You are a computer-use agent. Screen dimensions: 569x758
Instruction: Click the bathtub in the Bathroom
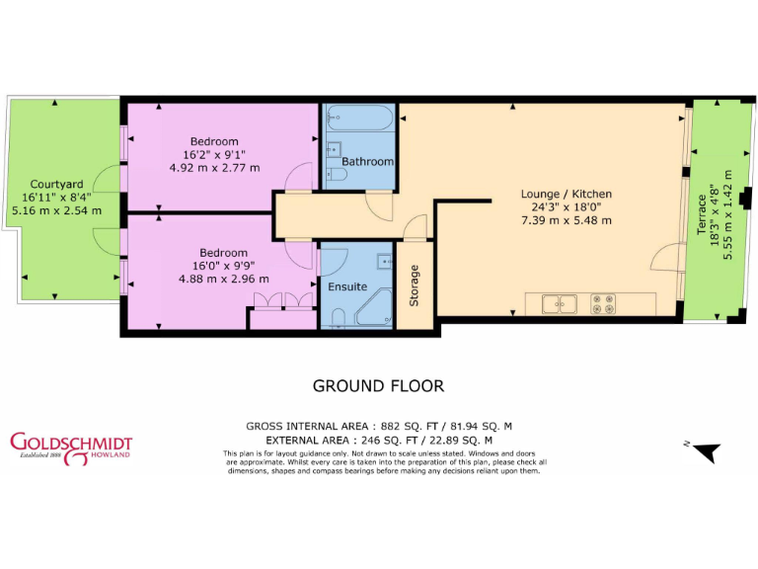point(360,118)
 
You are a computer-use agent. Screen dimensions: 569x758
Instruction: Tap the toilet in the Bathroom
point(336,175)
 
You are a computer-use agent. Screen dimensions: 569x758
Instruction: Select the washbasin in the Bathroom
point(334,148)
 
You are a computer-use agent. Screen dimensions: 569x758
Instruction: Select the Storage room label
point(415,284)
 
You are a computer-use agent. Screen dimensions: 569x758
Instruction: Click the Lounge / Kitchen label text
point(566,194)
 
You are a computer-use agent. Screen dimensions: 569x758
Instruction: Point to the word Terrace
point(702,213)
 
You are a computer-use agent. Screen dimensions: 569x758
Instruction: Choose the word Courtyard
point(55,184)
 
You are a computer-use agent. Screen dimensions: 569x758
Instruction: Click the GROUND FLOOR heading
point(378,386)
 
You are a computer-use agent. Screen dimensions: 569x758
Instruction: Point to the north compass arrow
point(706,452)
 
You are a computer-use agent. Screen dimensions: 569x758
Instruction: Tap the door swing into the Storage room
point(416,233)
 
